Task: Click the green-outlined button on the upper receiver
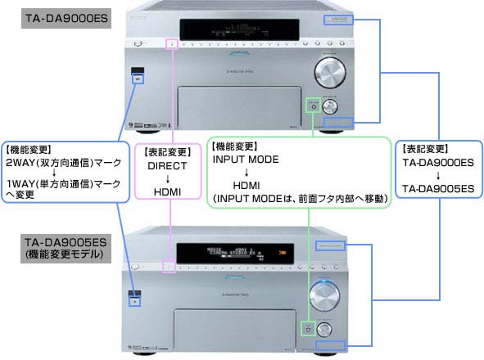[311, 105]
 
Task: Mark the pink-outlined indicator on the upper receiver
[171, 43]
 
